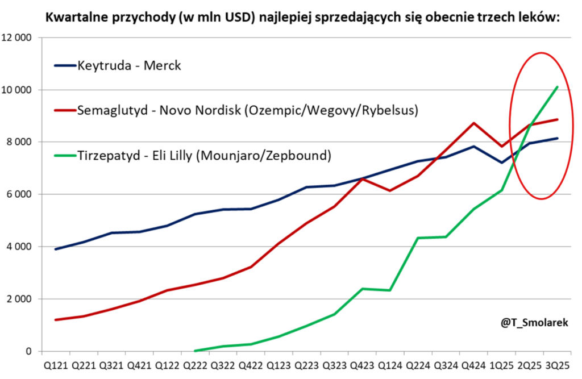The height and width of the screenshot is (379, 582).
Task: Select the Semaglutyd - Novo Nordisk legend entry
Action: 248,110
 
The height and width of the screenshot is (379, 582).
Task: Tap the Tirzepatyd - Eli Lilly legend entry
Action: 204,155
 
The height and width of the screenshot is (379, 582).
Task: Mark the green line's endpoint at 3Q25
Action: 557,87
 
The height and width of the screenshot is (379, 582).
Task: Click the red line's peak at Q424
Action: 474,123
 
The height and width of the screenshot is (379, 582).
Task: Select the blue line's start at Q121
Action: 56,249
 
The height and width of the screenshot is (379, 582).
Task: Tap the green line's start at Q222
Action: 196,351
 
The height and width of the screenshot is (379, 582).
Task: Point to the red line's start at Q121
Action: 56,320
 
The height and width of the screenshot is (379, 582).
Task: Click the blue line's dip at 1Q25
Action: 502,163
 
